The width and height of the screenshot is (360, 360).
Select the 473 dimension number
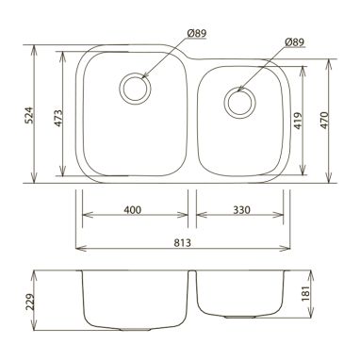tap(58, 119)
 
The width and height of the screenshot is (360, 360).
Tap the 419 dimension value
tap(298, 121)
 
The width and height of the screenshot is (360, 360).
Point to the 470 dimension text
tap(324, 121)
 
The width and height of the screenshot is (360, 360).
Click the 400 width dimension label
tap(133, 209)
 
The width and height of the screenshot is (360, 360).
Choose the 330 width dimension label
tap(241, 209)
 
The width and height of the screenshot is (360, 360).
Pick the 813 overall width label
tap(182, 243)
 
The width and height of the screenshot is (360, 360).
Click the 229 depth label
tap(30, 302)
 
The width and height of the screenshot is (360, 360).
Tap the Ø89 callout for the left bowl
tap(197, 33)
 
